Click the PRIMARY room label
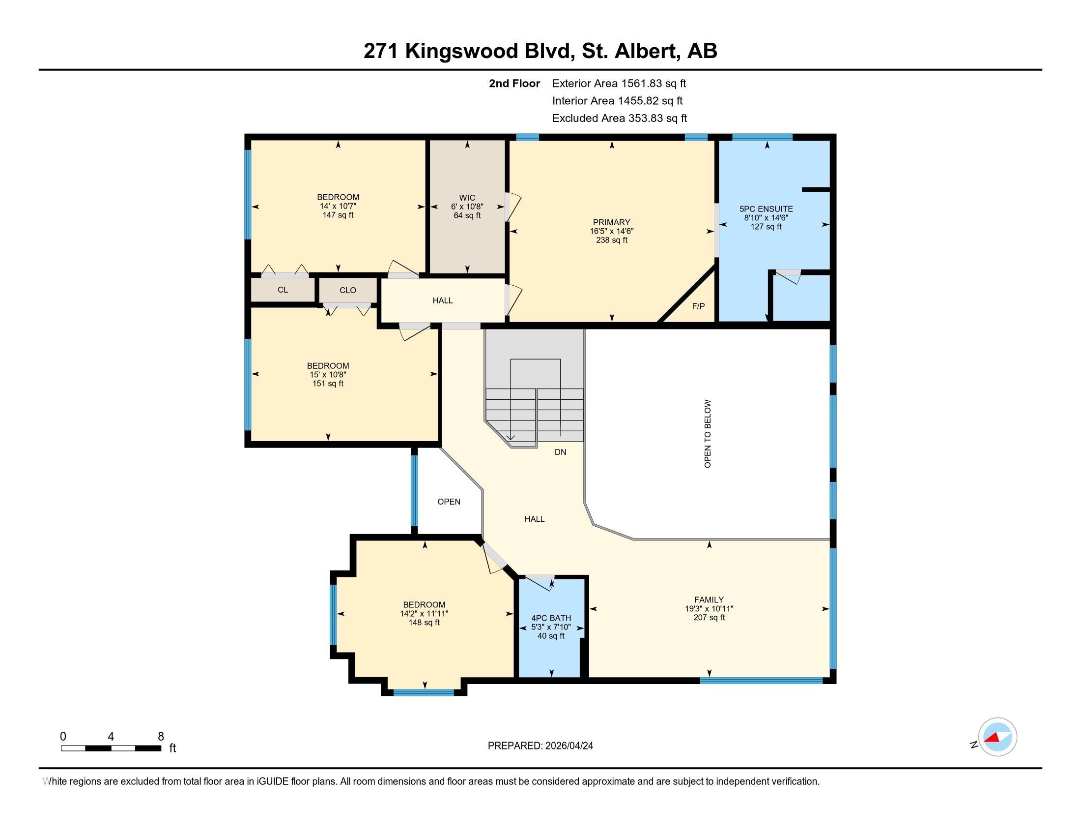tap(611, 222)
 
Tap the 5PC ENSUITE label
tap(766, 209)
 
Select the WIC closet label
tap(467, 198)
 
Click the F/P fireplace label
tap(698, 306)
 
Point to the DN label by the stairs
tap(560, 451)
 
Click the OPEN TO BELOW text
tap(707, 433)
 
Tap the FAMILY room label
tap(709, 599)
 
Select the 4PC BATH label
tap(551, 618)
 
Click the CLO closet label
tap(347, 290)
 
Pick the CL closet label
tap(283, 290)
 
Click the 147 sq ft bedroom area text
tap(338, 215)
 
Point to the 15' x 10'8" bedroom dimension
tap(328, 375)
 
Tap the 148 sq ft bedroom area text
tap(424, 623)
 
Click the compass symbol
tap(997, 737)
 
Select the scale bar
tap(111, 748)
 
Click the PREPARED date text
tap(540, 746)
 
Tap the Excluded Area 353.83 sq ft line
tap(619, 119)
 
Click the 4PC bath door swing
tap(542, 583)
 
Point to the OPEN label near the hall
tap(449, 502)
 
